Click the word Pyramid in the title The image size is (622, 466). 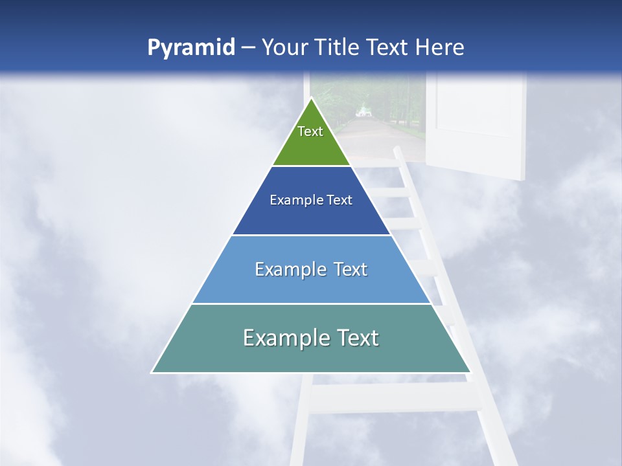click(190, 47)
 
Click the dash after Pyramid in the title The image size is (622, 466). click(248, 48)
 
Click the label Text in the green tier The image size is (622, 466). click(310, 131)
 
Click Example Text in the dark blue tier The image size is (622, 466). click(311, 200)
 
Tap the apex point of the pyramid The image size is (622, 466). click(311, 98)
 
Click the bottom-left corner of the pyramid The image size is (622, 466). click(152, 372)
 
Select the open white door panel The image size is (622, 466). click(479, 123)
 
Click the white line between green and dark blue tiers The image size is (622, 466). click(311, 166)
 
